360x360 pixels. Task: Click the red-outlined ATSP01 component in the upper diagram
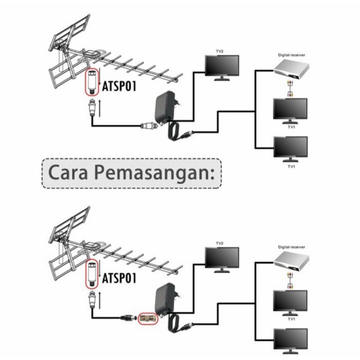coord(91,81)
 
